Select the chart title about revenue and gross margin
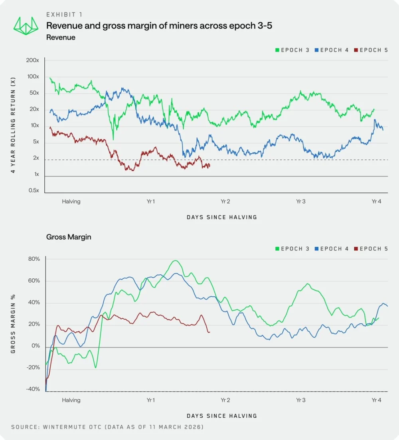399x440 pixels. (159, 26)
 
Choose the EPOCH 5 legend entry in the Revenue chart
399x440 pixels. (373, 50)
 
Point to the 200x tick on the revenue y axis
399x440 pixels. (33, 60)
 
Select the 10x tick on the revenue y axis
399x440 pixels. (34, 125)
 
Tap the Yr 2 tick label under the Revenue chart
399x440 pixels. (225, 201)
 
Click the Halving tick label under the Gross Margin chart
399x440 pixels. (71, 400)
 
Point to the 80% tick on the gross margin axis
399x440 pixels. (34, 259)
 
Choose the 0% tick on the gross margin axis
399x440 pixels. (35, 346)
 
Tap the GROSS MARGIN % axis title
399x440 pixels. (13, 324)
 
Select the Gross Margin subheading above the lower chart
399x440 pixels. (69, 237)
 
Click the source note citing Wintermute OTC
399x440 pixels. (107, 427)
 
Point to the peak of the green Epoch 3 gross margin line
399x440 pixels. (175, 261)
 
